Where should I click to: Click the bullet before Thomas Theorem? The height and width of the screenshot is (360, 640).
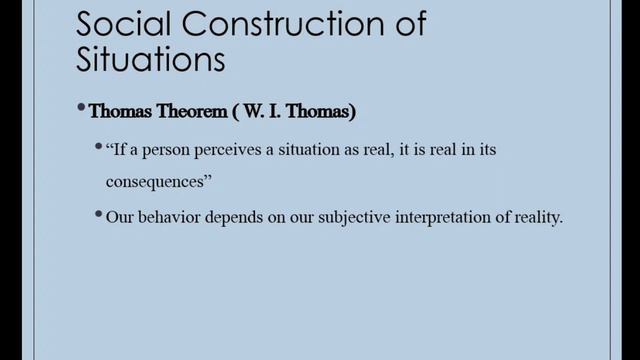(x=82, y=110)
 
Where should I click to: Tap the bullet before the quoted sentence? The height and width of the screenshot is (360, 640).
(x=99, y=148)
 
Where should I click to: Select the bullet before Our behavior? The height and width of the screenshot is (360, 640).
(x=99, y=213)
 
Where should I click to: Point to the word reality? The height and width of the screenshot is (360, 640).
(x=540, y=215)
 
